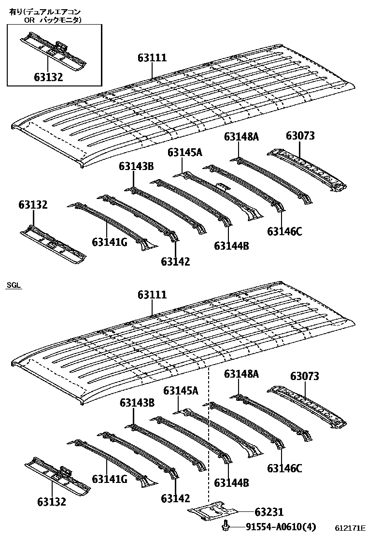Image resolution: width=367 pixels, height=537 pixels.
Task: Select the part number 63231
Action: click(x=269, y=511)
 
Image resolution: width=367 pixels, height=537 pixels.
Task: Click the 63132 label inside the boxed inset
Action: click(x=48, y=77)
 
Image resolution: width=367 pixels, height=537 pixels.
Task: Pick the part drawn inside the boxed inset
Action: click(x=53, y=48)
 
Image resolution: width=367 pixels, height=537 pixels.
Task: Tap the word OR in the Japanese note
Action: click(x=30, y=20)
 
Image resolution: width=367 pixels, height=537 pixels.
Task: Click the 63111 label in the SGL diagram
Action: click(x=152, y=295)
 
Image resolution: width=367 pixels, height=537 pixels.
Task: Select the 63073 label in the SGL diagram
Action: click(x=305, y=376)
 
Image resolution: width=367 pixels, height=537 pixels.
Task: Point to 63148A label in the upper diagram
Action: click(x=241, y=137)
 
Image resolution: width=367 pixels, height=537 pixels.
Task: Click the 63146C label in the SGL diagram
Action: click(x=284, y=468)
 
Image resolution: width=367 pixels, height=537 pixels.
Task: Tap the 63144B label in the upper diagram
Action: click(x=231, y=246)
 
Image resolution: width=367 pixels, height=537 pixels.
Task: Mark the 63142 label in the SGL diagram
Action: click(x=175, y=498)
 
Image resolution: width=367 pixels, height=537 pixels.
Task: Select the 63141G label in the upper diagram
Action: click(x=110, y=242)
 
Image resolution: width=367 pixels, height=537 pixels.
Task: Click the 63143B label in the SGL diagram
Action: click(x=137, y=402)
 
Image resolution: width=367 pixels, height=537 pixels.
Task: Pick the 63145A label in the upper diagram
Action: click(x=185, y=153)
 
